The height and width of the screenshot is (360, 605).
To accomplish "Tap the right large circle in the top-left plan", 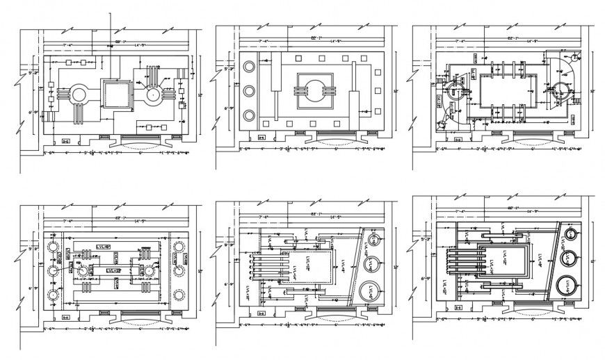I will pos(153,95).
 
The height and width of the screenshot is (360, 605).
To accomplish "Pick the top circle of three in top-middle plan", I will pos(248,66).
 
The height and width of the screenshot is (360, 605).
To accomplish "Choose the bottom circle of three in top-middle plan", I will pos(248,115).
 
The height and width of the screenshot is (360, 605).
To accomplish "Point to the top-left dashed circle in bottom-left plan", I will pos(51,245).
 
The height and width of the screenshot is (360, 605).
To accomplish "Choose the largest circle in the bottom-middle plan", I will pos(372,289).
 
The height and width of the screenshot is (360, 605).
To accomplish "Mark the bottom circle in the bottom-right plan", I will pos(567,285).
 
